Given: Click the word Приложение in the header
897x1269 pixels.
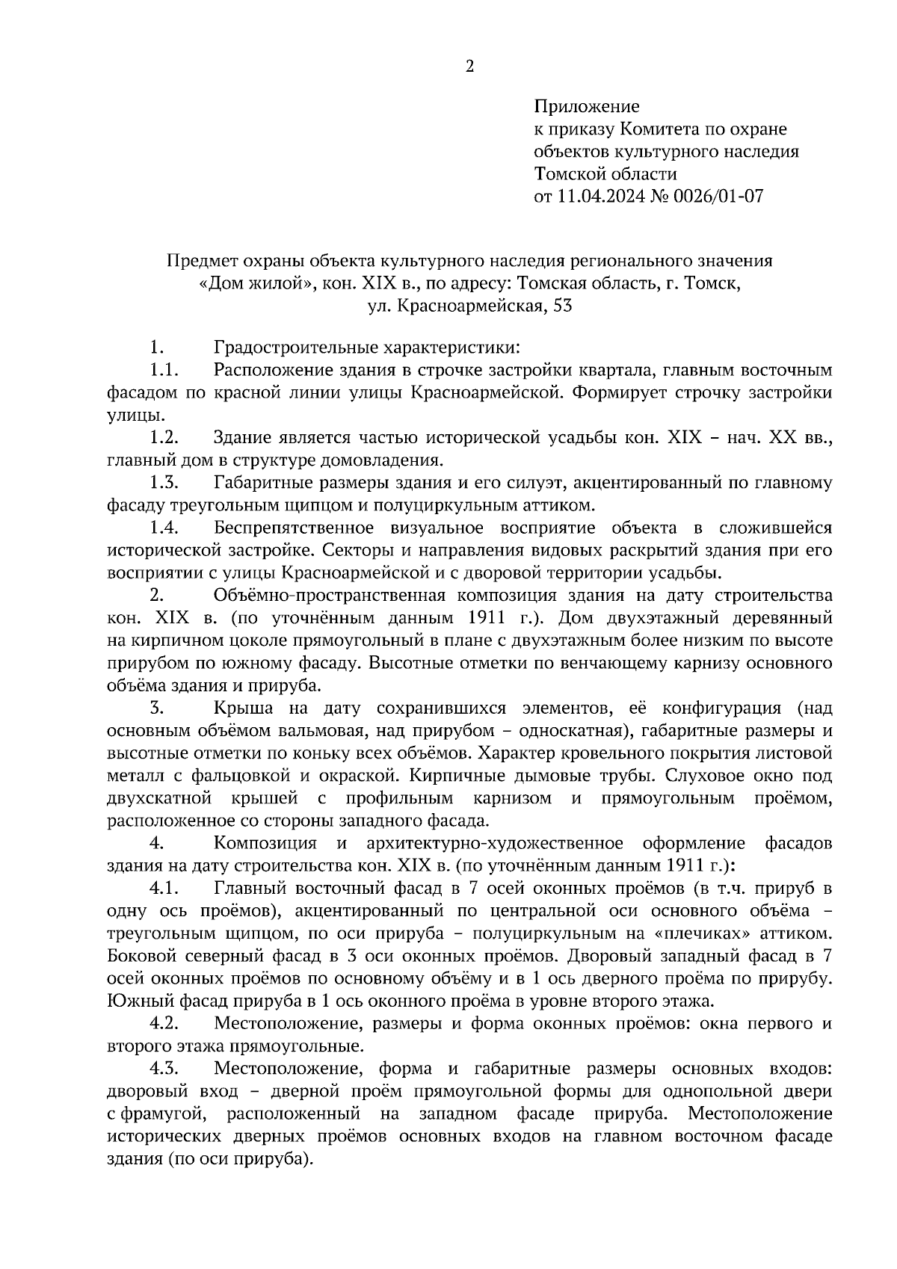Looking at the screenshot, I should pyautogui.click(x=587, y=107).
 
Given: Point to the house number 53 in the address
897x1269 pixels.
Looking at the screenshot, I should pyautogui.click(x=562, y=306).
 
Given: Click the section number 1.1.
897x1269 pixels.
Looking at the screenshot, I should pyautogui.click(x=162, y=371).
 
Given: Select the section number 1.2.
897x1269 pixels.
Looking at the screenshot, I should pyautogui.click(x=163, y=438).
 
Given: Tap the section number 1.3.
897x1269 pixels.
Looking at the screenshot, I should pyautogui.click(x=163, y=483).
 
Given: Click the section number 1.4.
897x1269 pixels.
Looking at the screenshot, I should pyautogui.click(x=163, y=528).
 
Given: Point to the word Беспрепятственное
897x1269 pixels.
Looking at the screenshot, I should pyautogui.click(x=294, y=528).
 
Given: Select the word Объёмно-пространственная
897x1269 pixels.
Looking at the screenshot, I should pyautogui.click(x=330, y=596).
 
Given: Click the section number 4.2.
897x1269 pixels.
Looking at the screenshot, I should pyautogui.click(x=163, y=1023).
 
